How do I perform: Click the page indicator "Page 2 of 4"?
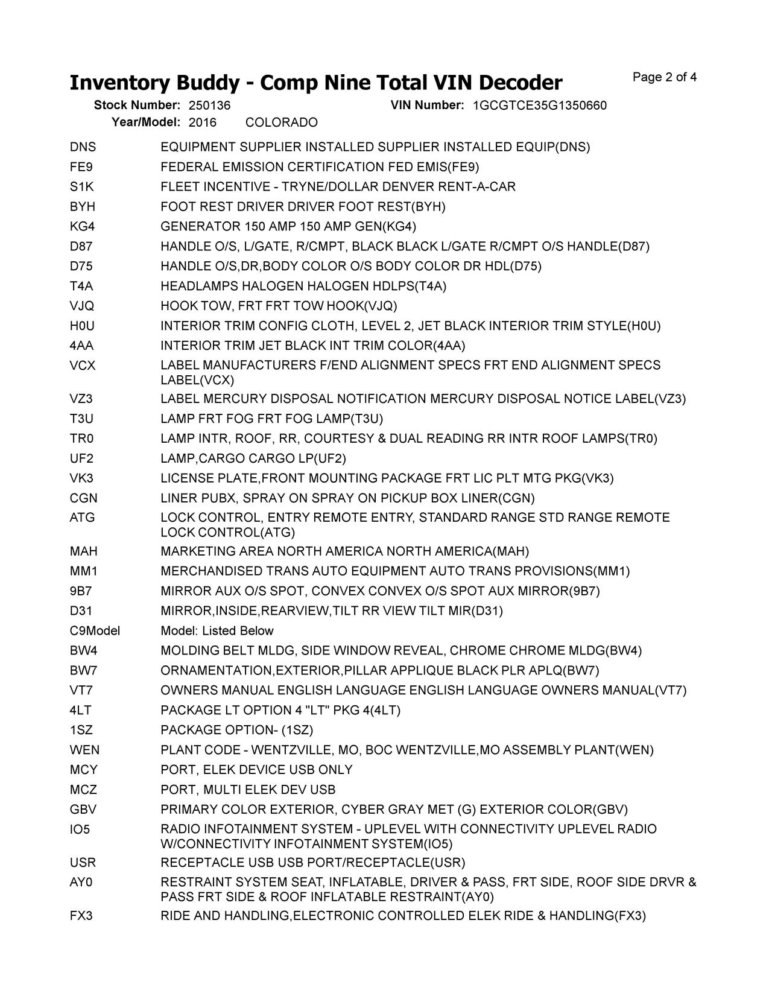point(665,77)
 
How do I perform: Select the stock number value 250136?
point(209,106)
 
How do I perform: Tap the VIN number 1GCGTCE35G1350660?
point(540,106)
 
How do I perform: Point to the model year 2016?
point(202,122)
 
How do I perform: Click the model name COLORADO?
point(282,122)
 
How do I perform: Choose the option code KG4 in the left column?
point(82,227)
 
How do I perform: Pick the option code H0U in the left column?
point(82,326)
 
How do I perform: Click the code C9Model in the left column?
point(95,631)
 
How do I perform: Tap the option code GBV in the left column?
point(83,810)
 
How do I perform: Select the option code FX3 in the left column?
point(81,916)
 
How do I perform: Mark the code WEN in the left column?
point(84,750)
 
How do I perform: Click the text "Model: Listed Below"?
point(217,631)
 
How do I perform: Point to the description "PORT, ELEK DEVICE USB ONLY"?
point(256,770)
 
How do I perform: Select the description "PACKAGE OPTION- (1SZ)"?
point(236,730)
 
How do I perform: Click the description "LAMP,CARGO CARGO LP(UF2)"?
point(253,458)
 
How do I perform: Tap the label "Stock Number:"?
point(137,106)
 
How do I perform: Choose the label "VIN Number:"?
point(427,106)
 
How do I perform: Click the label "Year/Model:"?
point(146,122)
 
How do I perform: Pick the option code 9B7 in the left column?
point(81,591)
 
